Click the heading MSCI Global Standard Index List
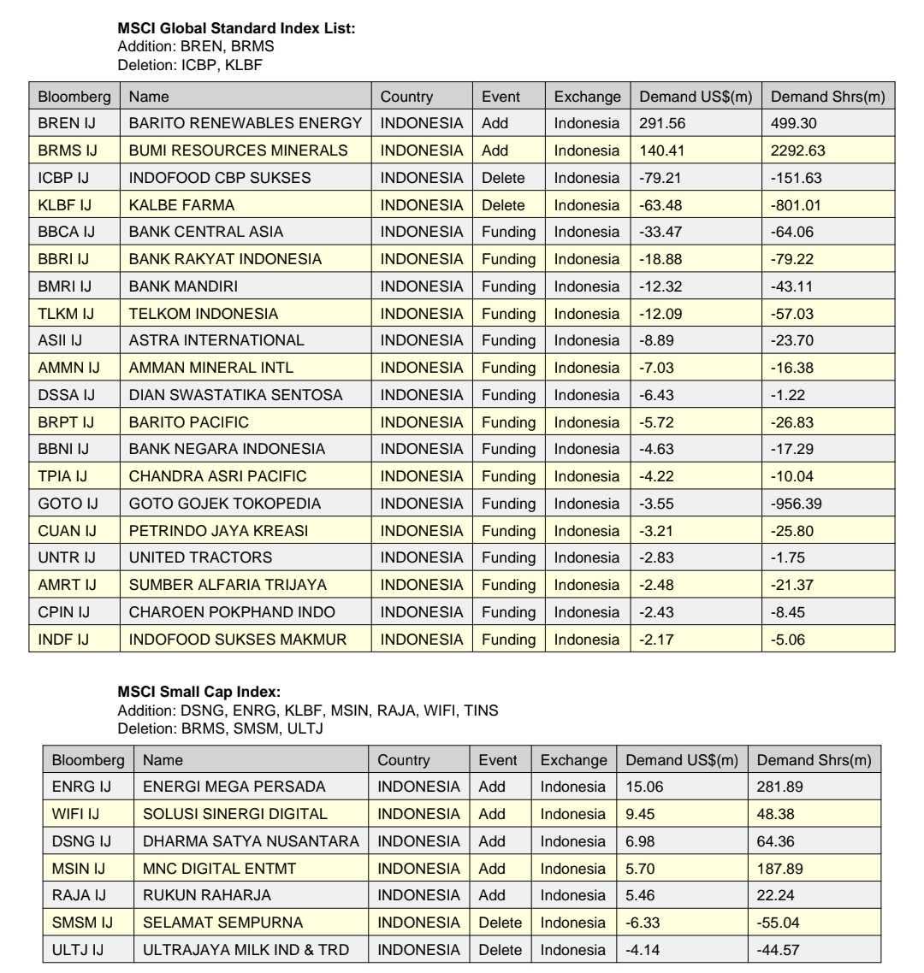tap(236, 28)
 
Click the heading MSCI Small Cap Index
tap(198, 692)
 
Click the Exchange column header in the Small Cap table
tap(573, 760)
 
